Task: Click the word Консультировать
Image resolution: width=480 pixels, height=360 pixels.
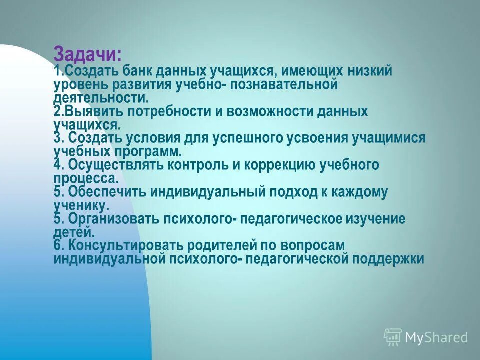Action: pos(127,246)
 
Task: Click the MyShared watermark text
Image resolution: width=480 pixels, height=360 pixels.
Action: pos(436,338)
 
